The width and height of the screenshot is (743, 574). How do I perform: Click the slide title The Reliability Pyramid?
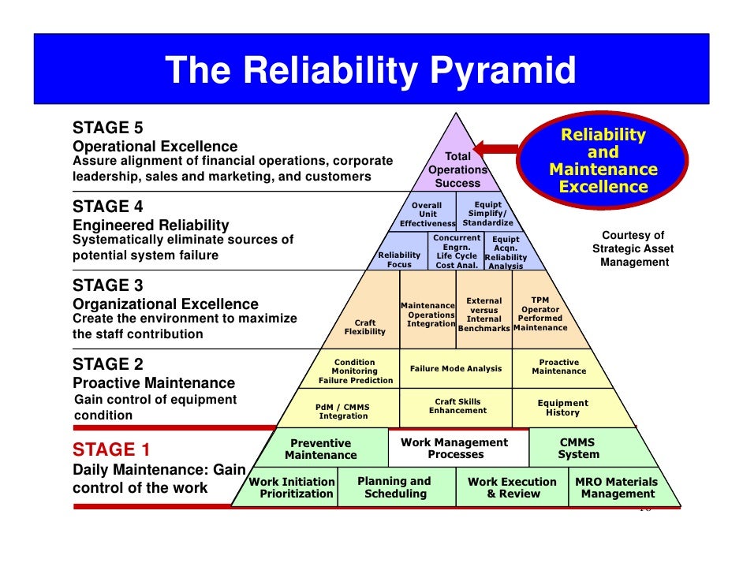(x=370, y=73)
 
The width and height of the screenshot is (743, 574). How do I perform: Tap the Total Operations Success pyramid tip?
(x=457, y=170)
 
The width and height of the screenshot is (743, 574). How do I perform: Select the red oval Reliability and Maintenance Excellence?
(x=603, y=161)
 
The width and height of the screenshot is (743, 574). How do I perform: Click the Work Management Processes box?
(x=455, y=448)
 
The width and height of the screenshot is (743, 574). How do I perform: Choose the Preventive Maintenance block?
(x=320, y=449)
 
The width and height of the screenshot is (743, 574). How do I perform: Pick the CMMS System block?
(x=578, y=448)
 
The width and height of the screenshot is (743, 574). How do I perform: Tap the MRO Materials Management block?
(x=617, y=487)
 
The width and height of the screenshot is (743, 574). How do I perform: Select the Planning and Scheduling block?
(x=394, y=487)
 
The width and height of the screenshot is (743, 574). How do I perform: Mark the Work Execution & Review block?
(x=512, y=487)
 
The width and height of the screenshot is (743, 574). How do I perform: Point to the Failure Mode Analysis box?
(x=456, y=368)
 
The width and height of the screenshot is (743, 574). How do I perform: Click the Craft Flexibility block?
(x=365, y=327)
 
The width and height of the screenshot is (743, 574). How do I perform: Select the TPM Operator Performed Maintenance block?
(x=540, y=314)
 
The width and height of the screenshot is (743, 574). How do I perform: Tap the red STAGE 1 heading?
(x=111, y=449)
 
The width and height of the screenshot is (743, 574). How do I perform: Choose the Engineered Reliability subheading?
(x=151, y=225)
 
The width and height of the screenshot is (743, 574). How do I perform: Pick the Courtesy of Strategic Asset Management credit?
(x=633, y=248)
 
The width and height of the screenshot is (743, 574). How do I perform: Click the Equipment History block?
(x=562, y=408)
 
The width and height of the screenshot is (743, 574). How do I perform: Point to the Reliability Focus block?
(x=399, y=259)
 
